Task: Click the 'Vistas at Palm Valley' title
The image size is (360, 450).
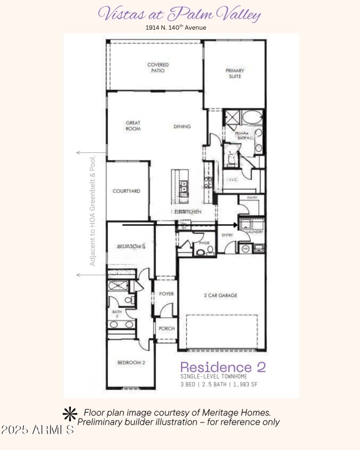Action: coord(180,14)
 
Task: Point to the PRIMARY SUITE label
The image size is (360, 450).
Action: coord(234,73)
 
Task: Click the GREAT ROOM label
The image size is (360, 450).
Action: coord(133,126)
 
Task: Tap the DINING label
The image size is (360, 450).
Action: coord(182,126)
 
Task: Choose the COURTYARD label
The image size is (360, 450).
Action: coord(126,191)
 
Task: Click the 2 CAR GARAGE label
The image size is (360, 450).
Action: coord(220,296)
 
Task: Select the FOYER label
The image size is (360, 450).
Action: coord(166,294)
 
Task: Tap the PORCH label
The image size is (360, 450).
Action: coord(166,328)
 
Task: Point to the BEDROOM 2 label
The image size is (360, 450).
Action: coord(131,362)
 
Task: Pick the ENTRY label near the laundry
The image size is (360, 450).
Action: coord(226,235)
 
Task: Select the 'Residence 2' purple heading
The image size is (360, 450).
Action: coord(223,367)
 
